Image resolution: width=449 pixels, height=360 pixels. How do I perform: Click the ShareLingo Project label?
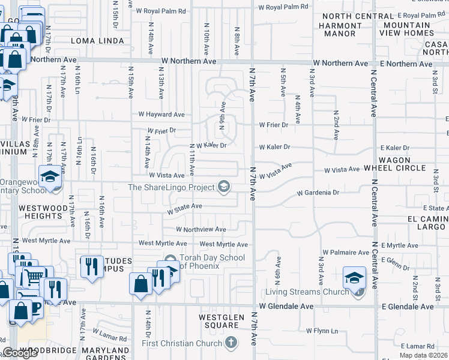point(171,187)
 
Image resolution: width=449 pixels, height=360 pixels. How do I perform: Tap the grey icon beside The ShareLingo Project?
point(224,187)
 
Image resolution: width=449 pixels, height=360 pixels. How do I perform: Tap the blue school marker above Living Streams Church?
point(354,278)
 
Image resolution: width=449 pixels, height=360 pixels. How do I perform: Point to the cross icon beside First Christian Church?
point(231,343)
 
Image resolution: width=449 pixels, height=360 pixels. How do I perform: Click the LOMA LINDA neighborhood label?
point(97,41)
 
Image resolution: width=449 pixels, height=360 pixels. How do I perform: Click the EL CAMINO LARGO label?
point(427,223)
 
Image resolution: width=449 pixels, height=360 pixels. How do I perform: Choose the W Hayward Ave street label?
point(161,114)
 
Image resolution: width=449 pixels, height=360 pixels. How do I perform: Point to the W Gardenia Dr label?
point(318,193)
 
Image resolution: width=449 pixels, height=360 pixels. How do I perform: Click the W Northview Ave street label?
point(200,229)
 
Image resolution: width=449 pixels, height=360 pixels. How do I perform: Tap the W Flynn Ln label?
point(322,331)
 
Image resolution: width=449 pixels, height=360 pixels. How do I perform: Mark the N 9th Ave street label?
point(223,115)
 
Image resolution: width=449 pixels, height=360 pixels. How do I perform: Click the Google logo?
point(20,353)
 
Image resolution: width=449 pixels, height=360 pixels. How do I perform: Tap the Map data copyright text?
point(424,356)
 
